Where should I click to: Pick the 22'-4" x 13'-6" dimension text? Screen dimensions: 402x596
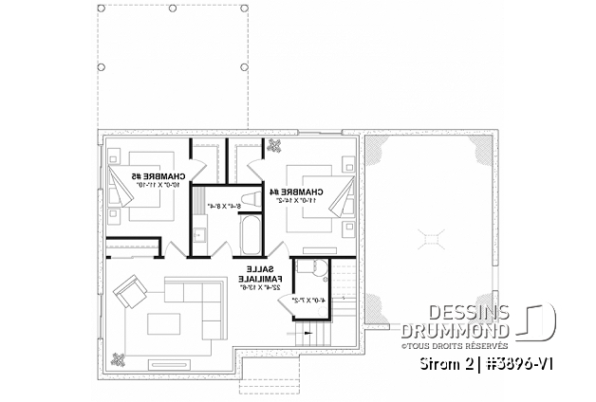[259, 289]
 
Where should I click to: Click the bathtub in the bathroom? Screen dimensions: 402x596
[251, 234]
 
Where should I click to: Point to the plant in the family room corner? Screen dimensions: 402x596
[118, 358]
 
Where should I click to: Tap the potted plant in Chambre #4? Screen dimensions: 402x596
[275, 145]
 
